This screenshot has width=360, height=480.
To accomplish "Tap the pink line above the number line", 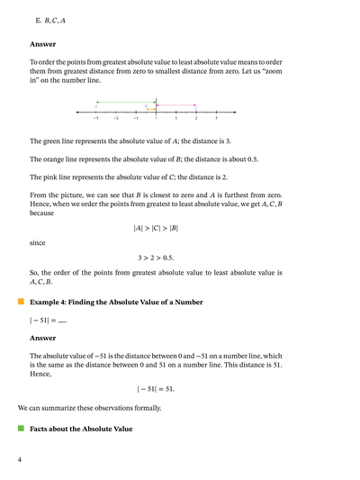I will coord(176,104).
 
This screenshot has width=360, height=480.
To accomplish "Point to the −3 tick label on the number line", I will coord(95,118).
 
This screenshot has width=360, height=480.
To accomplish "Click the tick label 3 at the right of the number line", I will coord(216,118).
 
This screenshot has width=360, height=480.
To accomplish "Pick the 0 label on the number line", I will coord(156,118).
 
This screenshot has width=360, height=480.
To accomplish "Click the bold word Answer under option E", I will coord(42,43).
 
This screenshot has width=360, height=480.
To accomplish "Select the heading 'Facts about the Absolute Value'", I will coord(81,429).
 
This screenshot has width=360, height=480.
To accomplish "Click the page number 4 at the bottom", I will coord(20,460).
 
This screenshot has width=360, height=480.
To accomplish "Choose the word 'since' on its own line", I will coord(38,242).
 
